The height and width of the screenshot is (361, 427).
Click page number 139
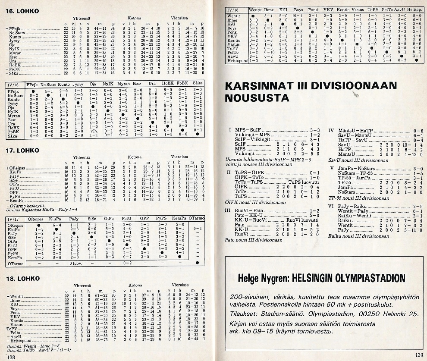[x=419, y=355]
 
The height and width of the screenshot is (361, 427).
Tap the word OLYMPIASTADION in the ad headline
[x=366, y=278]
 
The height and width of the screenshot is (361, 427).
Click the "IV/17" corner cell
[x=14, y=219]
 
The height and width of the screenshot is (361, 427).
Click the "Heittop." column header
[x=414, y=9]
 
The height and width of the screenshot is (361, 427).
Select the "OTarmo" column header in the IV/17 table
[x=197, y=219]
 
